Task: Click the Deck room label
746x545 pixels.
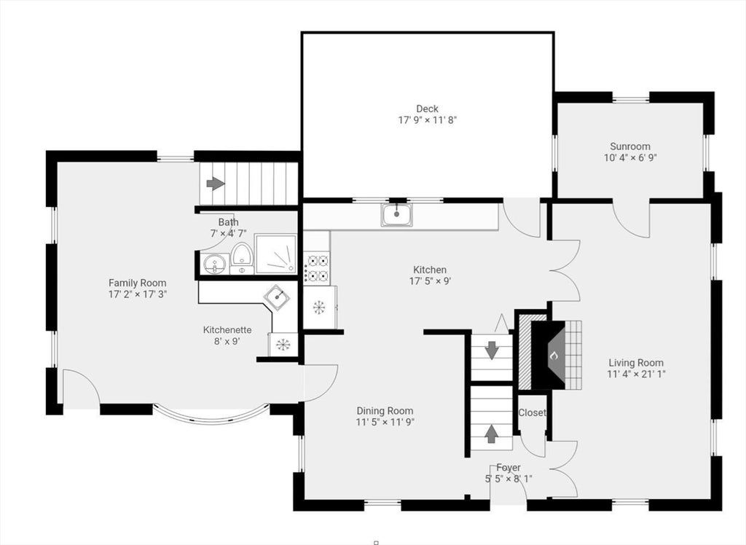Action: (427, 109)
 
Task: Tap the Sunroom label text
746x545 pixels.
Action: (630, 146)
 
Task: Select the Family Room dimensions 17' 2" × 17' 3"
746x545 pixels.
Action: (138, 294)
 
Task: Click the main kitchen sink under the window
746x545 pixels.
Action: (397, 214)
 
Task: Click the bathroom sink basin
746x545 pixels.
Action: (216, 264)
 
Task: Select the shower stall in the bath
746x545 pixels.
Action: (276, 254)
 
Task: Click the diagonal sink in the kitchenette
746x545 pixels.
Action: (277, 297)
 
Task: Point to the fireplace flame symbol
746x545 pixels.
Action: (554, 356)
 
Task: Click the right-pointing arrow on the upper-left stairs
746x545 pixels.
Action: (216, 184)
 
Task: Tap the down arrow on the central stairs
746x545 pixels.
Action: (492, 350)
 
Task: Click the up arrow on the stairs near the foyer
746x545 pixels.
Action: (492, 434)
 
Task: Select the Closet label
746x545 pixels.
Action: (532, 412)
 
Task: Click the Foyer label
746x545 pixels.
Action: (508, 468)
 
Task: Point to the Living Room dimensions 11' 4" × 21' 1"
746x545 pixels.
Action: (635, 374)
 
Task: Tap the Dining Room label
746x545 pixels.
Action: (385, 411)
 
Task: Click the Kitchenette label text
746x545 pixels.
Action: (227, 330)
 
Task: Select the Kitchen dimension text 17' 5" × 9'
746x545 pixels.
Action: (430, 281)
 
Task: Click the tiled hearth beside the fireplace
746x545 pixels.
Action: (573, 355)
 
